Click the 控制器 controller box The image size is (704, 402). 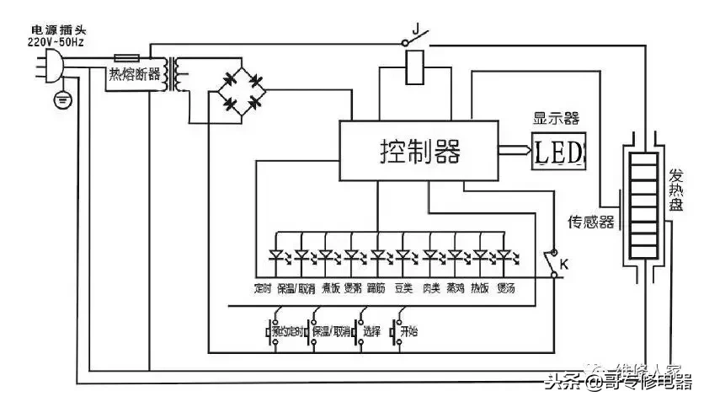(418, 151)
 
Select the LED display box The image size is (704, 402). (559, 152)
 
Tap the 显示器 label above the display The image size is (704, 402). (557, 119)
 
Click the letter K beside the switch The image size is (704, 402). (564, 265)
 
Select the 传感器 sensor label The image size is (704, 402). (590, 222)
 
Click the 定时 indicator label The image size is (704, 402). (262, 288)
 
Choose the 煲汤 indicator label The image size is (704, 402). (506, 288)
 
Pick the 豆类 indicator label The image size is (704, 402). (404, 288)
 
